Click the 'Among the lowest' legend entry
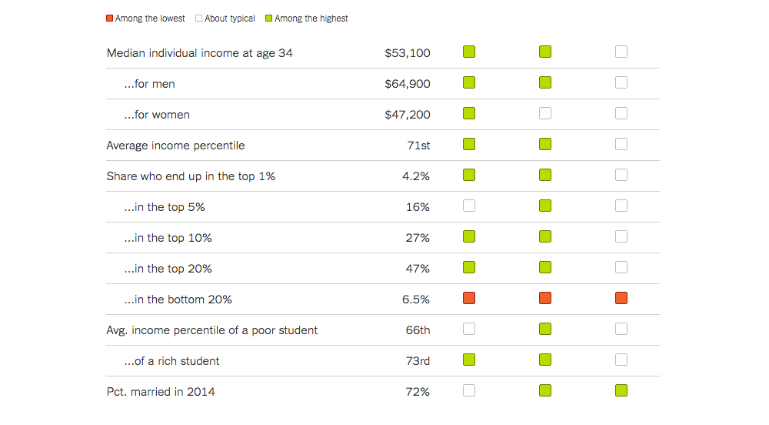click(x=146, y=18)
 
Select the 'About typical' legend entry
click(x=225, y=18)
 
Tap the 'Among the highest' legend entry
click(x=307, y=18)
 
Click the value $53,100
click(x=408, y=53)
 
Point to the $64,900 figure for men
click(x=408, y=84)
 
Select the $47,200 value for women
click(x=408, y=115)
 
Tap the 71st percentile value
click(x=418, y=146)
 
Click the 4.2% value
click(x=416, y=176)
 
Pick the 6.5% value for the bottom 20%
click(x=416, y=300)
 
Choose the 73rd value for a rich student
click(x=418, y=361)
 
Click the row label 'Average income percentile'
click(x=175, y=146)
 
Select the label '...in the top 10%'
click(x=168, y=238)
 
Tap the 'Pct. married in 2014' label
click(x=161, y=392)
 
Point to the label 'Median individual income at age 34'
click(x=199, y=53)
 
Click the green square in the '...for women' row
click(x=469, y=113)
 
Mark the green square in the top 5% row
click(x=545, y=206)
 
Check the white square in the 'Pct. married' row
click(x=469, y=390)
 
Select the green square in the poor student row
click(x=545, y=329)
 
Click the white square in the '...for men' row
click(x=621, y=82)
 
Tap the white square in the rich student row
click(x=621, y=360)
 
